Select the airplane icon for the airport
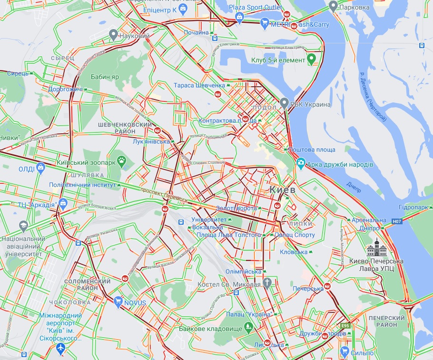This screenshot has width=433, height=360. [x=60, y=350]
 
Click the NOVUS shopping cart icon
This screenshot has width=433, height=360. [x=118, y=301]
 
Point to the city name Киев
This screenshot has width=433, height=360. [x=283, y=190]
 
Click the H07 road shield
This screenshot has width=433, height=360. [x=397, y=221]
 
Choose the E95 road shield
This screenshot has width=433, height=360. [x=345, y=326]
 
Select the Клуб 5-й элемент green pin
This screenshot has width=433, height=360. [x=312, y=60]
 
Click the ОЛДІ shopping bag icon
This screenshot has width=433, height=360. [x=41, y=168]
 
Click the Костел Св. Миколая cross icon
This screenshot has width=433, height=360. [x=267, y=283]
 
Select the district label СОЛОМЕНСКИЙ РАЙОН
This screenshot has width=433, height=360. [x=87, y=284]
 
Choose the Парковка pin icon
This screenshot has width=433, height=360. [x=333, y=7]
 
